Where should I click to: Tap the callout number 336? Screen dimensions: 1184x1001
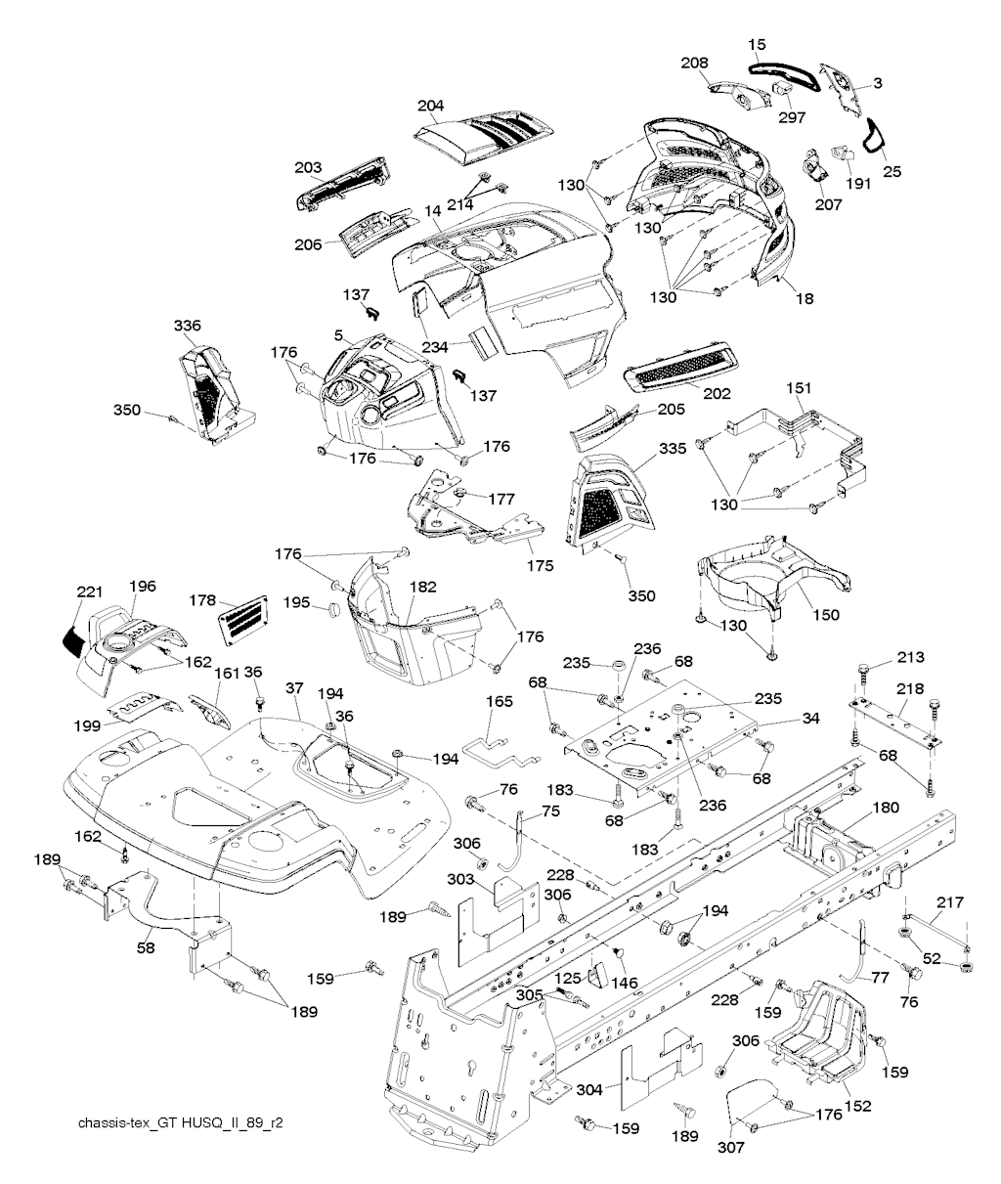pos(187,327)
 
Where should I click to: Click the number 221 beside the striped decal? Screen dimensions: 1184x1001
pos(90,592)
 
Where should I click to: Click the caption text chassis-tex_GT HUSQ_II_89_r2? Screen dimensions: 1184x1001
pos(181,1123)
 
